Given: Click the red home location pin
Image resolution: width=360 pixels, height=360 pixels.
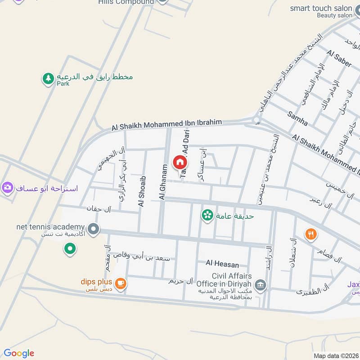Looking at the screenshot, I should pyautogui.click(x=180, y=162).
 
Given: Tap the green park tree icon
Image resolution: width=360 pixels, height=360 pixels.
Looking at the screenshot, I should pyautogui.click(x=48, y=78).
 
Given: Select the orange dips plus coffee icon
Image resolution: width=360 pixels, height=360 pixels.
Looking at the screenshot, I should pyautogui.click(x=120, y=283).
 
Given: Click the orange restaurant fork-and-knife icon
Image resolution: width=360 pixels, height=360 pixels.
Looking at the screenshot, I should pyautogui.click(x=311, y=234).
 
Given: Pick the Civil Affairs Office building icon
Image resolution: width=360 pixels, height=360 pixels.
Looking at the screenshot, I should pyautogui.click(x=260, y=284).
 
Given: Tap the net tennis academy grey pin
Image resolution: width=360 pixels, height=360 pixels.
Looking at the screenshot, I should pyautogui.click(x=93, y=229).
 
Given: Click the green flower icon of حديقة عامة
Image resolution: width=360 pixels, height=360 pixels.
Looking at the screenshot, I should pyautogui.click(x=207, y=216).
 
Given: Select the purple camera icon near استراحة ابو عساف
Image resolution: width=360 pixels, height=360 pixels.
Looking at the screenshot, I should pyautogui.click(x=7, y=188).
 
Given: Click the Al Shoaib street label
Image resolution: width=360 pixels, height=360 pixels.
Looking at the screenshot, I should pyautogui.click(x=142, y=192).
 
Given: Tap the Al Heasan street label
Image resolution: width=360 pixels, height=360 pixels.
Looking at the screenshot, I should pyautogui.click(x=222, y=264).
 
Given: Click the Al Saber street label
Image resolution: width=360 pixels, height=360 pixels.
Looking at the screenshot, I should pyautogui.click(x=340, y=59).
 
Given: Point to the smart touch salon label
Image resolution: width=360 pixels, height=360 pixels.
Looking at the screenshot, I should pyautogui.click(x=321, y=9).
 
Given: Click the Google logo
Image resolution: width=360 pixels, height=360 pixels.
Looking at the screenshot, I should pyautogui.click(x=19, y=353).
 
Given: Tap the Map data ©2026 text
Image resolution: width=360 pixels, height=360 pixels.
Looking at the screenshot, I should pyautogui.click(x=335, y=355).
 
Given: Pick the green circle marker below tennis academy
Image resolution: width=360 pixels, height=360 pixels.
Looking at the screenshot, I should pyautogui.click(x=69, y=248).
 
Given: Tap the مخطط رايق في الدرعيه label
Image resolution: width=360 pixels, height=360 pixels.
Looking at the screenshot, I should pyautogui.click(x=94, y=76).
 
